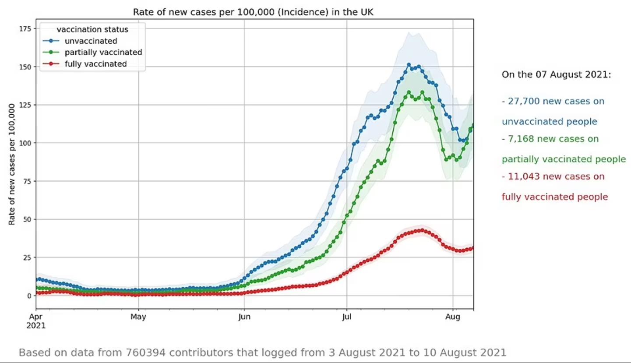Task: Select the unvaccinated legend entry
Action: click(x=91, y=41)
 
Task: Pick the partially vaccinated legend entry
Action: click(x=103, y=53)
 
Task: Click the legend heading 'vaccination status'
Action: click(x=92, y=30)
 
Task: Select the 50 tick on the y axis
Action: click(x=27, y=219)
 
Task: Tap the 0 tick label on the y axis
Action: click(x=29, y=296)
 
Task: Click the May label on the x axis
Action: click(x=138, y=317)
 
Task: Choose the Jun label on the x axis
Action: click(x=244, y=317)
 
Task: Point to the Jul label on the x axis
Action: click(x=347, y=317)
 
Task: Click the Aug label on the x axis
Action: click(x=453, y=317)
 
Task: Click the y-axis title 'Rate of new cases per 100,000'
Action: click(x=12, y=164)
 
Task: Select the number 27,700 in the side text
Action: click(x=522, y=102)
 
